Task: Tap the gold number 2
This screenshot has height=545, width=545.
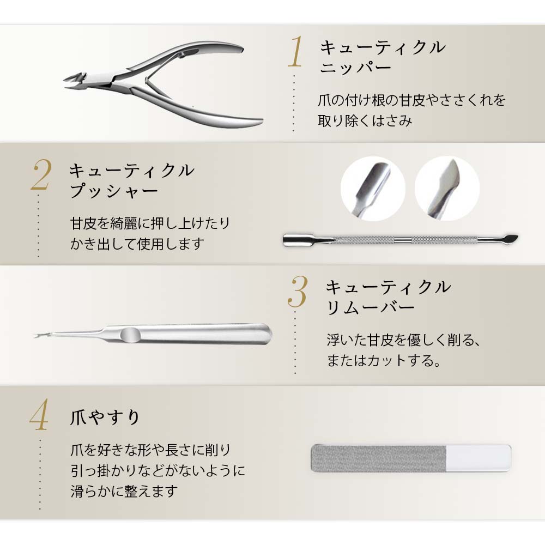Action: coord(41,175)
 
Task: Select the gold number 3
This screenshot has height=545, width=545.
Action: coord(298,292)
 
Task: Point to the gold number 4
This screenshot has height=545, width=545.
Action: coord(39,415)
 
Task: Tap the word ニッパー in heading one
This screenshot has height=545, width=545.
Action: coord(355,67)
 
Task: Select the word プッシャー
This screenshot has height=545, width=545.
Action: coord(114,191)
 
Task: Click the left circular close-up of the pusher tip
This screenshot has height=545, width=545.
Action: coord(373,189)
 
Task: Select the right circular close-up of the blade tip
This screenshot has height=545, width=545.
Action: coord(447,189)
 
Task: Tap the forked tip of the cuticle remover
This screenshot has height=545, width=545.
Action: coord(39,335)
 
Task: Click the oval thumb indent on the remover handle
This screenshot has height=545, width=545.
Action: coord(130,335)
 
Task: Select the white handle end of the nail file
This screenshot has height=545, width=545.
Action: coord(479,458)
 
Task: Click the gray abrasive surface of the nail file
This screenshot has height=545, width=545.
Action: coord(379,458)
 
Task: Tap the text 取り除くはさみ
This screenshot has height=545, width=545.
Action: coord(365,120)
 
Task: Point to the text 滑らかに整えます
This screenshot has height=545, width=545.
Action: coord(124,492)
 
